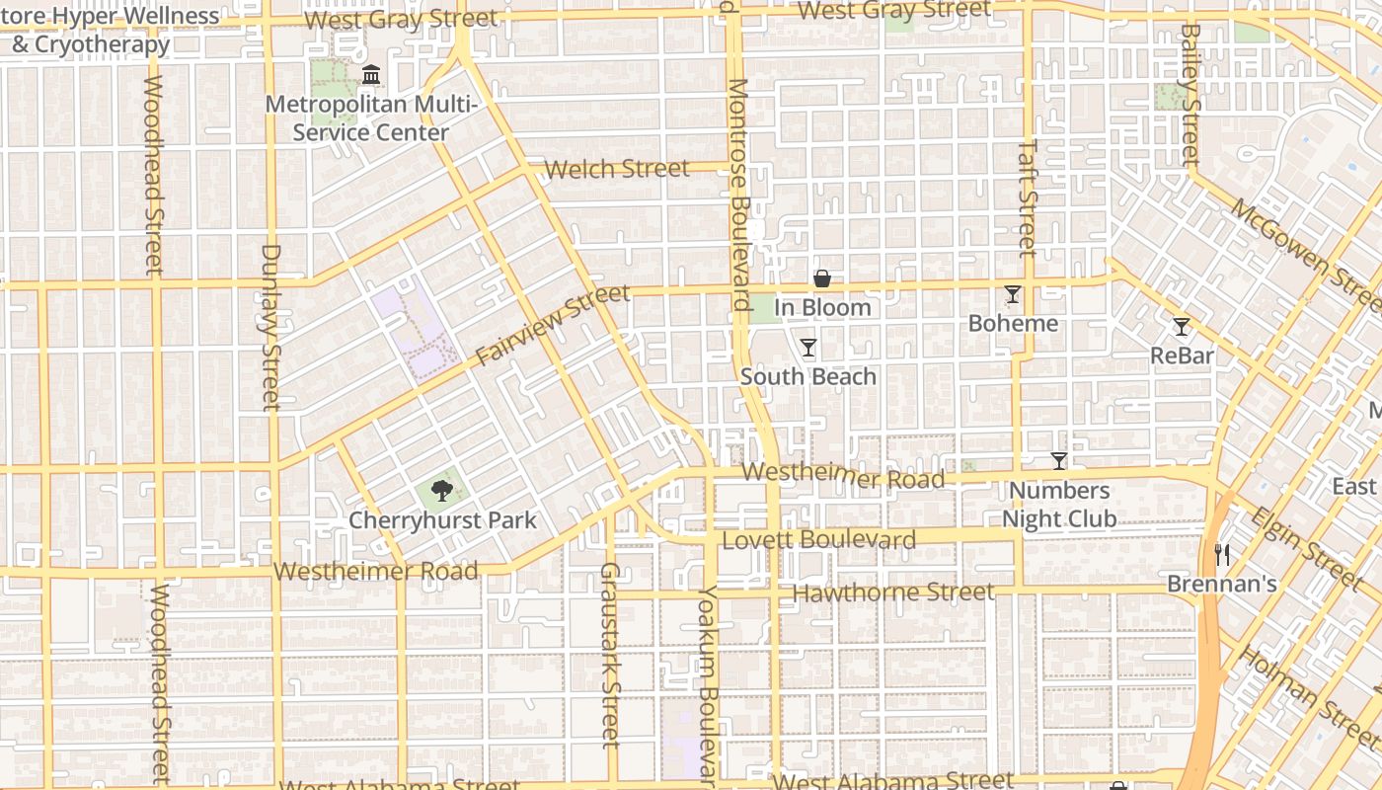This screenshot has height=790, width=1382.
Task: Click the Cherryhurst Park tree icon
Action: pos(441,489)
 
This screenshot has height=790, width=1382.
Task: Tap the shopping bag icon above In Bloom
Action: pos(821,278)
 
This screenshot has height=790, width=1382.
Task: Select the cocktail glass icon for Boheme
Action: pos(1013,293)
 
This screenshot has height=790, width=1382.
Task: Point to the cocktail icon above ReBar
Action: pos(1181,326)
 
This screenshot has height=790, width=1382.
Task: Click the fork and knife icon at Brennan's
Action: pos(1222,554)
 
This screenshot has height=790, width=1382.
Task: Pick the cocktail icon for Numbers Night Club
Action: pos(1058,460)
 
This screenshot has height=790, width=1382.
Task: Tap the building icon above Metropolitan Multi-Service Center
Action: pos(371,74)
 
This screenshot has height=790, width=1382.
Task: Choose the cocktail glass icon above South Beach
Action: pos(808,347)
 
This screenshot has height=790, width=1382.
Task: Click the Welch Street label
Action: pos(617,169)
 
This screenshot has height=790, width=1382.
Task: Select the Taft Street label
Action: pos(1028,197)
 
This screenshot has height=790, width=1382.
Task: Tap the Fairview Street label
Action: pos(552,325)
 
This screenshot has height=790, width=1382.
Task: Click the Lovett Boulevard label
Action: pos(819,540)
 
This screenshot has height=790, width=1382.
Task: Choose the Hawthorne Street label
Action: pos(893,592)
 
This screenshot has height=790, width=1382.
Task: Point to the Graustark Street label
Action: pos(609,654)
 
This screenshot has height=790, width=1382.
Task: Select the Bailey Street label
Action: pos(1190,94)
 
